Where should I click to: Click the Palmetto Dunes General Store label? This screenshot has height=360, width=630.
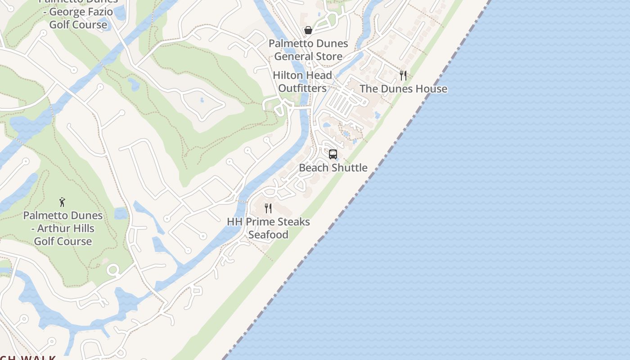pos(308,50)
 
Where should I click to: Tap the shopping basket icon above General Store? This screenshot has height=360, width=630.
pos(308,30)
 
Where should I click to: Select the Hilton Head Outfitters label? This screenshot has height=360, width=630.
pos(302,81)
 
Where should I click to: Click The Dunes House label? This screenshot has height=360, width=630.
pos(403,89)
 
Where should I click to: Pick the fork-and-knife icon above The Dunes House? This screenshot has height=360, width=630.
pos(403,75)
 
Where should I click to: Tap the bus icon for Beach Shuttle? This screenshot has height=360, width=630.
pos(333,154)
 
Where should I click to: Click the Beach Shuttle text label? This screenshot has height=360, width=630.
pos(333,167)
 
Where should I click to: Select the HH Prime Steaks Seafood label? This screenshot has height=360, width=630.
pos(268,228)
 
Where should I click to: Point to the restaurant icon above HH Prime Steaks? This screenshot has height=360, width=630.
pos(268,208)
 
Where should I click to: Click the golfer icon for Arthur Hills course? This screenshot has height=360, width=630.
pos(63,202)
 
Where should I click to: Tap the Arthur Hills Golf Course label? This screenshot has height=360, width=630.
pos(63,228)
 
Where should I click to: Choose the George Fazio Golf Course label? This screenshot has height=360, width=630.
pos(78,18)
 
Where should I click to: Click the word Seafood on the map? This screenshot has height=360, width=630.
pos(268,234)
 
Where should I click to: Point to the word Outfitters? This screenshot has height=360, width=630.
pos(302,88)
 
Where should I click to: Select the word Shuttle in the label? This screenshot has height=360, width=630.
pos(350,167)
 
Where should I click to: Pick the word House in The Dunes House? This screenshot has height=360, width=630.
pos(431,89)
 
